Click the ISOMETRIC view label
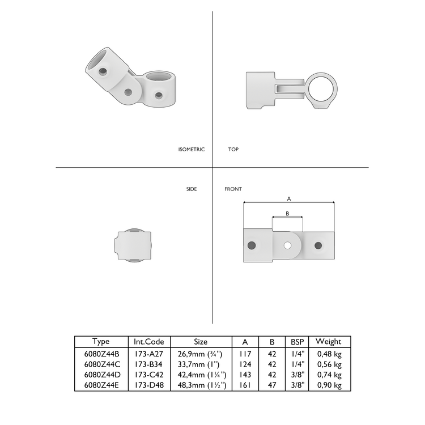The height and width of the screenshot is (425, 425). (191, 150)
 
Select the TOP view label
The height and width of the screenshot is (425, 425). (233, 150)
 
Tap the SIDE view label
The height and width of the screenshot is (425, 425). (192, 189)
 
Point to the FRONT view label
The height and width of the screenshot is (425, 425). (233, 189)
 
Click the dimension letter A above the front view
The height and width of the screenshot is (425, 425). (289, 199)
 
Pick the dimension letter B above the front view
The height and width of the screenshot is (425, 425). (287, 214)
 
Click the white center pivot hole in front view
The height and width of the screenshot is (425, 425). (288, 245)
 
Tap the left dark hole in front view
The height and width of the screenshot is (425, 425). (252, 245)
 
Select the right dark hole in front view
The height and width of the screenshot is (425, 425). (318, 245)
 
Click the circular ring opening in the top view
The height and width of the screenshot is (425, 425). (321, 89)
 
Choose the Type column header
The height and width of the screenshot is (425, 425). (100, 342)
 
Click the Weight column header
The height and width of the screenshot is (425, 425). (328, 342)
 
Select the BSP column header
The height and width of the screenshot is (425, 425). (297, 342)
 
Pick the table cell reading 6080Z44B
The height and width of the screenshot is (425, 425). (100, 354)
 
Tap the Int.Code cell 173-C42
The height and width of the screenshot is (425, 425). (149, 375)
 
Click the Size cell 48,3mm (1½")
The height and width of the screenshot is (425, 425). (201, 385)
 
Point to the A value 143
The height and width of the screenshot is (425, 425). (245, 375)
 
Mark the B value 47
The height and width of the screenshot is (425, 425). (272, 385)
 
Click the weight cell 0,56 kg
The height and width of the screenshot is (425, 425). (329, 364)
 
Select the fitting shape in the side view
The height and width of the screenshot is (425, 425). (134, 245)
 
